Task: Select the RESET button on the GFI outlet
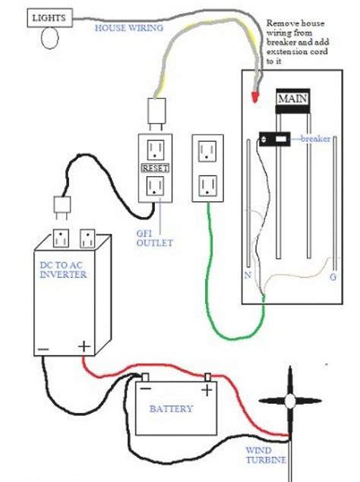coord(153,166)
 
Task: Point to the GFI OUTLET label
coord(154,238)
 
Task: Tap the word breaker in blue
coord(314,139)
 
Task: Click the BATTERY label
coord(171,409)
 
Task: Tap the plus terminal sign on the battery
coord(206,390)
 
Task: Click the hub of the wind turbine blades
coord(289,401)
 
